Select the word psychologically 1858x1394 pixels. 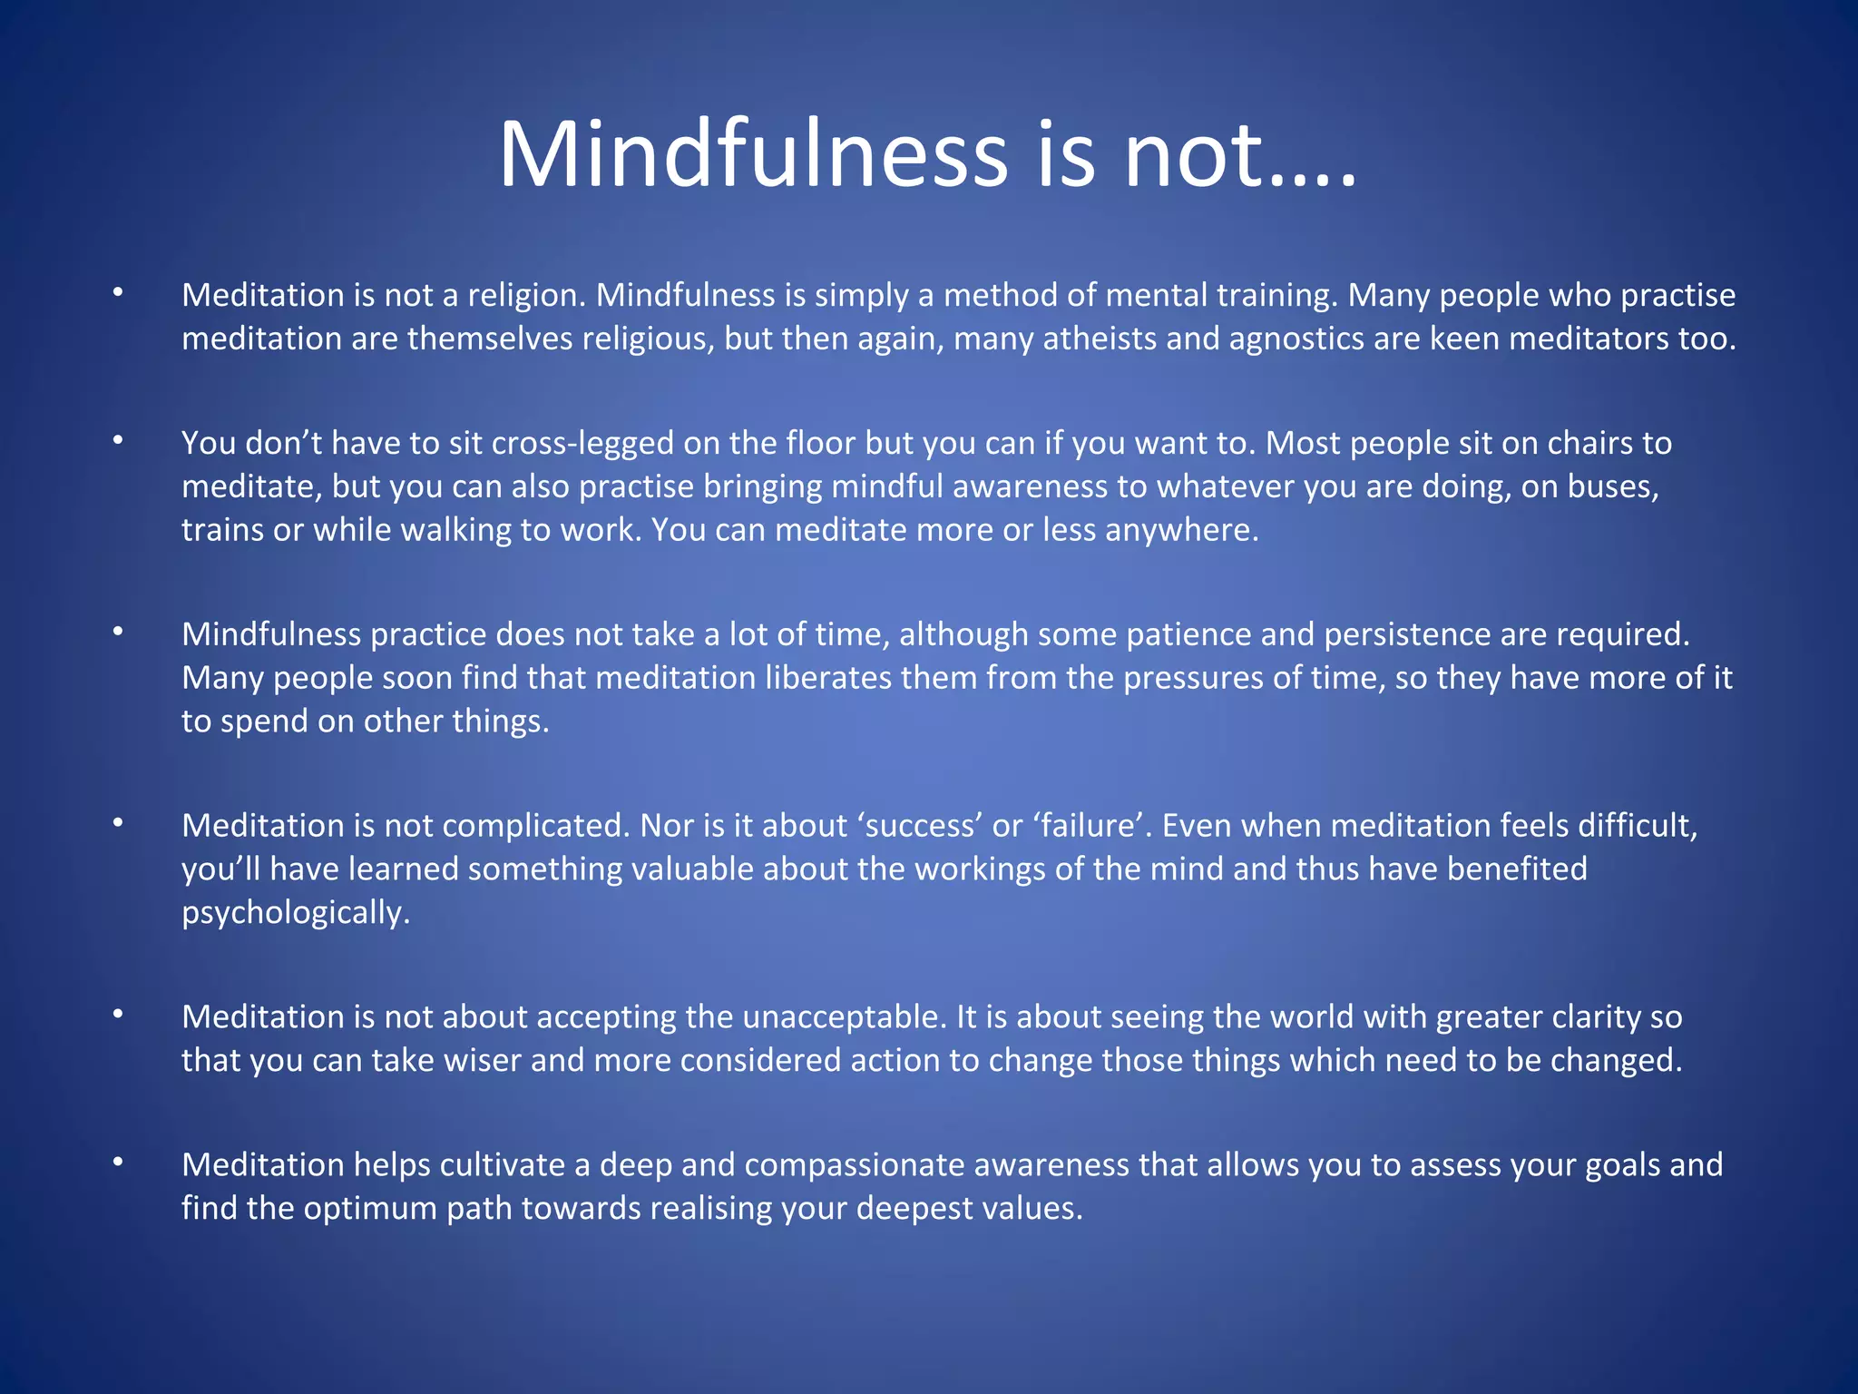(x=296, y=913)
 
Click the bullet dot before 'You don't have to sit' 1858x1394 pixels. (x=118, y=441)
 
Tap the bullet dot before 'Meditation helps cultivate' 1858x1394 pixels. (x=118, y=1163)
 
